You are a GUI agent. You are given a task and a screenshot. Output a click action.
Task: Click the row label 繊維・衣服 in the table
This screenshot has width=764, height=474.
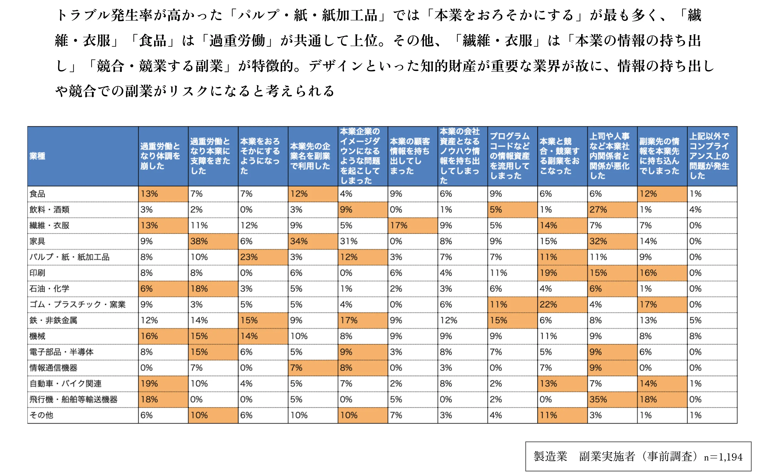[x=49, y=226]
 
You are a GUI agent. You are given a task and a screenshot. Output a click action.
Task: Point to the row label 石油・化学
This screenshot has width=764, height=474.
[x=49, y=289]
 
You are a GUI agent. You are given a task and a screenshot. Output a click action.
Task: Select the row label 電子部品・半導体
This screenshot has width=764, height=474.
[x=61, y=352]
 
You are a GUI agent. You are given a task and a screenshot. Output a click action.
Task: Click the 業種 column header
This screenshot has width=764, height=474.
[x=37, y=156]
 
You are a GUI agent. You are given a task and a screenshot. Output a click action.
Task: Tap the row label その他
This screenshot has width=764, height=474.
[x=41, y=415]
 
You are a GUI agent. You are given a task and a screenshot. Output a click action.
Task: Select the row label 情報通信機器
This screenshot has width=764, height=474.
[x=53, y=368]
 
